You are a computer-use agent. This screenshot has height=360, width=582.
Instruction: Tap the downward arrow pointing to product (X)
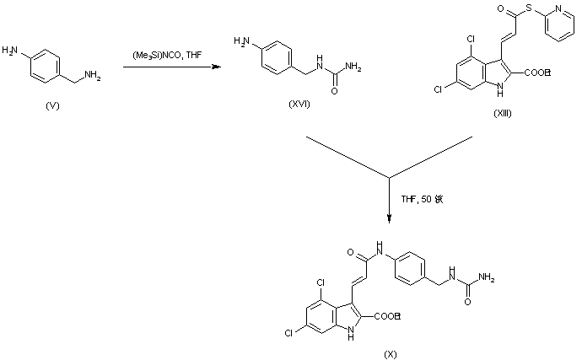(389, 201)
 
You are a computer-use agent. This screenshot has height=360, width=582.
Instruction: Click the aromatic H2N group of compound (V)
(11, 51)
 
